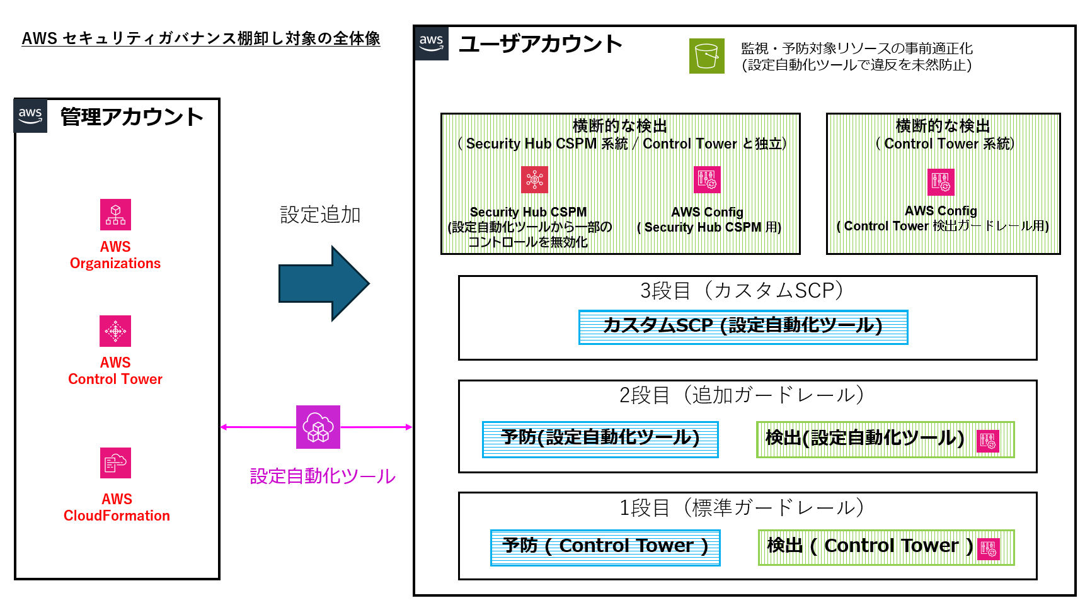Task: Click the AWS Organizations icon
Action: pyautogui.click(x=115, y=215)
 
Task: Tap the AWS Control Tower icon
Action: pyautogui.click(x=115, y=331)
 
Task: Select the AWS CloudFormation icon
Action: pyautogui.click(x=115, y=463)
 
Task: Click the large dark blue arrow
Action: pyautogui.click(x=323, y=284)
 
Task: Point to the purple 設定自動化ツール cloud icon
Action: pyautogui.click(x=318, y=427)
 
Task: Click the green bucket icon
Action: pyautogui.click(x=706, y=56)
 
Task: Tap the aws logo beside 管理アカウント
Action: pyautogui.click(x=30, y=116)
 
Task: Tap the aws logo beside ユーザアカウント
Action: pyautogui.click(x=432, y=43)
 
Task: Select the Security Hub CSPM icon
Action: pyautogui.click(x=534, y=179)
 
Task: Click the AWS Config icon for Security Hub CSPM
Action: pyautogui.click(x=707, y=179)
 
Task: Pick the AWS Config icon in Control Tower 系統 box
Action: pyautogui.click(x=941, y=182)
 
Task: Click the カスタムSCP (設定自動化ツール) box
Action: pyautogui.click(x=743, y=327)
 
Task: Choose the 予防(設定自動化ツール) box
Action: pyautogui.click(x=600, y=439)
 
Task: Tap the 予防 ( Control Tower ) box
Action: pyautogui.click(x=605, y=547)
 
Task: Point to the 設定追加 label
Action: pyautogui.click(x=320, y=215)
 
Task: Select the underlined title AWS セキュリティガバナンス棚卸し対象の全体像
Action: pyautogui.click(x=201, y=38)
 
